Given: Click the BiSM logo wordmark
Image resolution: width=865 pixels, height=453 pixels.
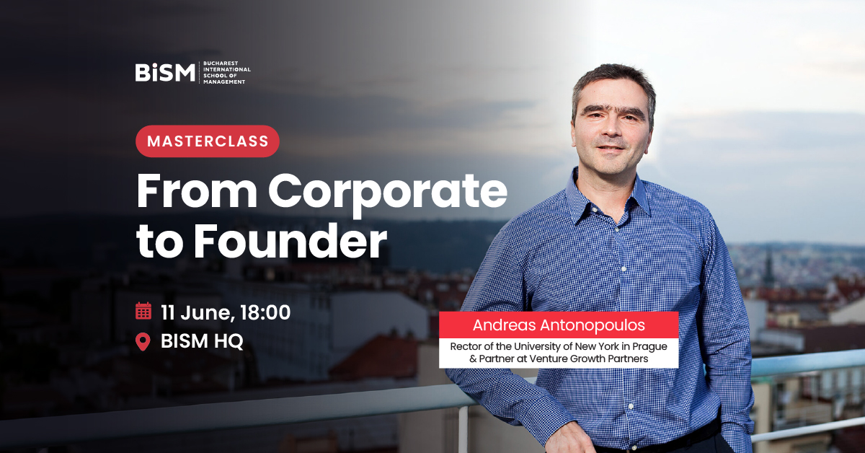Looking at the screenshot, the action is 165,72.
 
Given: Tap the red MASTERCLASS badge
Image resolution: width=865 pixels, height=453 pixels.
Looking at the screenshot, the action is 208,141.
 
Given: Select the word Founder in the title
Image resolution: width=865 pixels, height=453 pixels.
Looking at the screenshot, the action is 290,241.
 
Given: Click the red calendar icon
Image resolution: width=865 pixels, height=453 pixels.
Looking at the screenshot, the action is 143,311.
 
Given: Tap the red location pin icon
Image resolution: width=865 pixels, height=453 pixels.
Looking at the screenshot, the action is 143,342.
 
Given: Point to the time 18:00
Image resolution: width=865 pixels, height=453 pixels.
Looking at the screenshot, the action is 265,312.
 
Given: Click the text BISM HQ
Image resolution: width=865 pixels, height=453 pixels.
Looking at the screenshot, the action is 202,341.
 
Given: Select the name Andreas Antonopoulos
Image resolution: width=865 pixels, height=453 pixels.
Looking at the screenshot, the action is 559,325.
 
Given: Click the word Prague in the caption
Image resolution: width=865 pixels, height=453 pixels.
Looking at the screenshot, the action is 649,347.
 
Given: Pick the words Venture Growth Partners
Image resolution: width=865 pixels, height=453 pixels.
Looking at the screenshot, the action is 588,359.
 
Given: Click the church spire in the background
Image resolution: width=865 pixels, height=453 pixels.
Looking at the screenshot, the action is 768,267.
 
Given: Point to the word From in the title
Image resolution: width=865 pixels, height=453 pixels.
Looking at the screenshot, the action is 197,191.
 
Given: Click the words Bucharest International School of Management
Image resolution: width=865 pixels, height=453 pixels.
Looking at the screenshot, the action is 226,72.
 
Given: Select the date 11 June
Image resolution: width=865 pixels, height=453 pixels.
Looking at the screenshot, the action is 197,312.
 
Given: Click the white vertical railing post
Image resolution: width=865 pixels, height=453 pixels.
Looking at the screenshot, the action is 463,429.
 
